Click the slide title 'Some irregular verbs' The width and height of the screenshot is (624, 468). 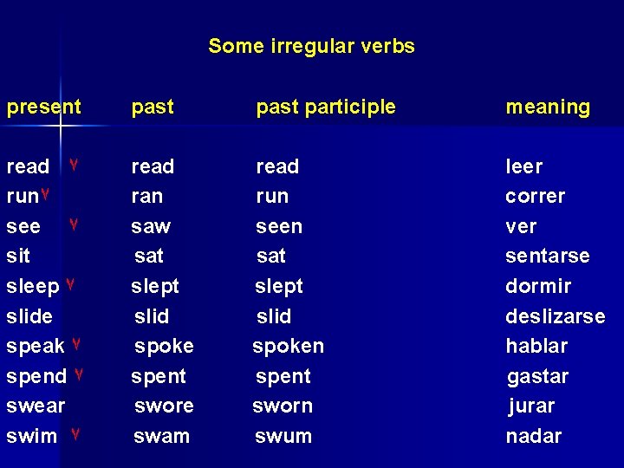(311, 46)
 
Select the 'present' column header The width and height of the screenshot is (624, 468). (43, 107)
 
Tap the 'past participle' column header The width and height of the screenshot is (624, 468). (325, 107)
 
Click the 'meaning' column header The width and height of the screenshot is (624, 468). (548, 107)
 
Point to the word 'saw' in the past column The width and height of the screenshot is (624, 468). (151, 227)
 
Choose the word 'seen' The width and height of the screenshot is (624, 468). (279, 227)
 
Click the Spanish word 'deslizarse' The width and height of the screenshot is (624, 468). (555, 316)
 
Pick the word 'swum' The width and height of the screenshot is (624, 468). (283, 436)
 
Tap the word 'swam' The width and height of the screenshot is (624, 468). (161, 436)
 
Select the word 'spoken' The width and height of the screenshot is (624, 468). (288, 346)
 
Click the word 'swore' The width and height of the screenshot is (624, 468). (164, 406)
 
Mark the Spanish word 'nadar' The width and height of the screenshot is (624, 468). (533, 436)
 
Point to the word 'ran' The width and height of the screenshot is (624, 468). (146, 197)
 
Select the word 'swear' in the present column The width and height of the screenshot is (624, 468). (36, 406)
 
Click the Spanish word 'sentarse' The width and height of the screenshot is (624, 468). (547, 257)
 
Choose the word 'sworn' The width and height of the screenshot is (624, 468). (283, 406)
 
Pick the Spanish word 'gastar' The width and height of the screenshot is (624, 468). (537, 377)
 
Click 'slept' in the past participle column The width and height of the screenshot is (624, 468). (279, 286)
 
